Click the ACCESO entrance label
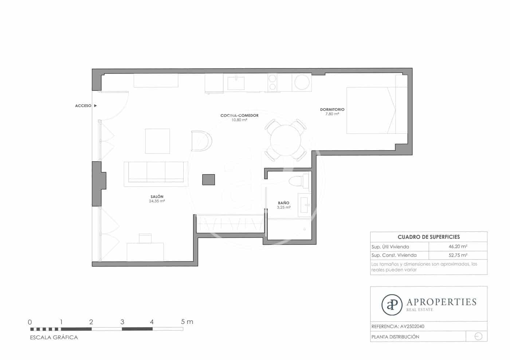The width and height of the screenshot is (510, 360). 83,106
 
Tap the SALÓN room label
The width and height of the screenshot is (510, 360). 157,197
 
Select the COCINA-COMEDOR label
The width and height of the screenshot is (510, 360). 239,115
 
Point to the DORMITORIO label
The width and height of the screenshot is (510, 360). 332,110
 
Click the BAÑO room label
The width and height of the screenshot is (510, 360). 283,203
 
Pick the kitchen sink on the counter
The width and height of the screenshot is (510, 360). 237,83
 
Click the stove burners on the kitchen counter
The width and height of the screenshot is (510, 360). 272,82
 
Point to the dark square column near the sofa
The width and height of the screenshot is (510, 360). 208,180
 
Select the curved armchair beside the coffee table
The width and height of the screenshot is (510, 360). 201,141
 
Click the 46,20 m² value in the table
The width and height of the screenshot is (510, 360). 458,246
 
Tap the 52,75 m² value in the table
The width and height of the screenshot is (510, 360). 458,255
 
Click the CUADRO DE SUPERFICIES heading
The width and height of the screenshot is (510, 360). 428,237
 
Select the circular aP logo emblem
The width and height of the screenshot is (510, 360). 392,305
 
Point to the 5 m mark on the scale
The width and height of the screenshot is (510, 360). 187,322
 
